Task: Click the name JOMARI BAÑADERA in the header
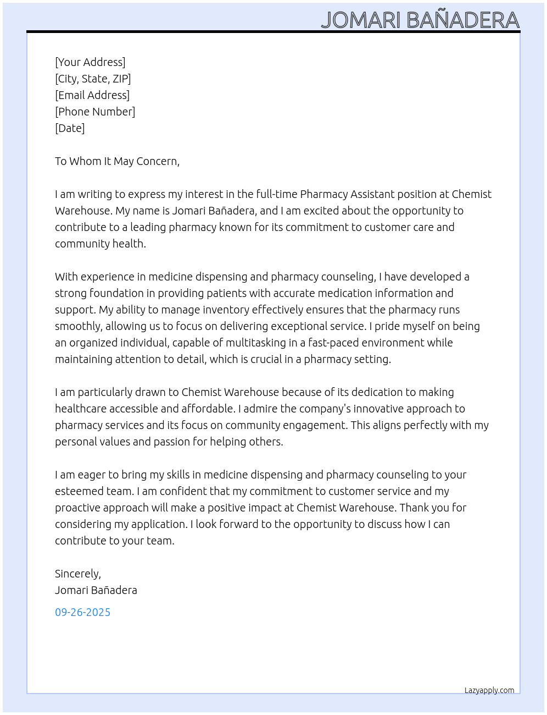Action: tap(420, 20)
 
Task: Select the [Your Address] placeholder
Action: tap(90, 62)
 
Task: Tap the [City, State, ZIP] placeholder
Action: tap(93, 79)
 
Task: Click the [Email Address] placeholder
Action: tap(92, 95)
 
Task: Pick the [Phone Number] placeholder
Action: tap(95, 112)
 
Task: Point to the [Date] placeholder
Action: tap(70, 128)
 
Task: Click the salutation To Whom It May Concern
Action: tap(117, 161)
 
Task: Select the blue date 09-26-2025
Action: tap(82, 612)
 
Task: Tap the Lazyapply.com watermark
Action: tap(489, 690)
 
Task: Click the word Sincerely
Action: tap(77, 574)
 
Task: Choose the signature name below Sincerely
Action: tap(96, 590)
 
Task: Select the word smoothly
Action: tap(78, 326)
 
